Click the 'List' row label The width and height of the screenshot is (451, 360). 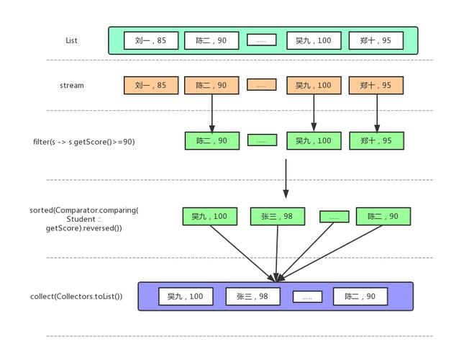point(71,40)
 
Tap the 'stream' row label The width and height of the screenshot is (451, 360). point(71,85)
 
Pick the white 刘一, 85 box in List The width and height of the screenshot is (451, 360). point(150,40)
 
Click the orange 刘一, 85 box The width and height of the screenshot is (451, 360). point(150,85)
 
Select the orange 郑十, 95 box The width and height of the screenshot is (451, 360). point(376,85)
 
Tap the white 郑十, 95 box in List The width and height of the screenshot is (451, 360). point(376,40)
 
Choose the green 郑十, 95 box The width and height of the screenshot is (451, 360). point(376,140)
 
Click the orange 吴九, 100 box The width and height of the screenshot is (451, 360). point(314,85)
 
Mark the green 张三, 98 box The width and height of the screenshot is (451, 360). point(277,216)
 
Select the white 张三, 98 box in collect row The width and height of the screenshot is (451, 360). point(252,296)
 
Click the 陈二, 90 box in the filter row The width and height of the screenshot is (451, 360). point(211,140)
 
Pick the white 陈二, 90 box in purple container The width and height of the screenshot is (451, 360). point(360,296)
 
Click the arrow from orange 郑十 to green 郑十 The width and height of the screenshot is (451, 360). point(376,112)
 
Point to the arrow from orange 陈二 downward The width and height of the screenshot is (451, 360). point(211,112)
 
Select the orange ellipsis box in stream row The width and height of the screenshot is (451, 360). point(261,85)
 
